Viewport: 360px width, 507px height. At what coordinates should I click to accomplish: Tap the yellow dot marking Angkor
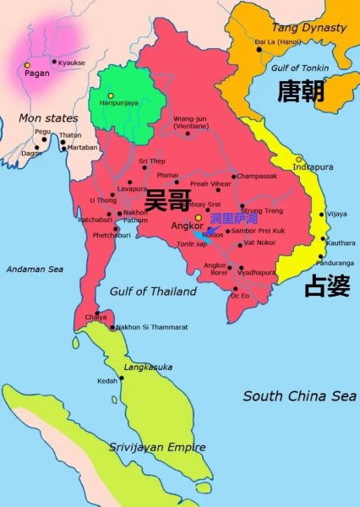point(199,217)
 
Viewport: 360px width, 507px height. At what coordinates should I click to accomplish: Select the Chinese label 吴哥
point(168,201)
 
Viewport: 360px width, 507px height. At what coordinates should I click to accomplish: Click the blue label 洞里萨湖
point(233,220)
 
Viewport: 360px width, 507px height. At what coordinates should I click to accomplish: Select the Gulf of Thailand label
point(147,291)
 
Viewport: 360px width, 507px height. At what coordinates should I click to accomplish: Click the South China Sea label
point(299,395)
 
